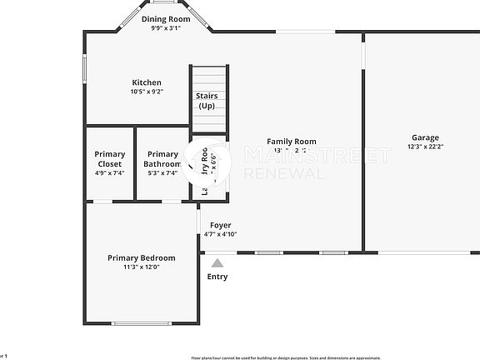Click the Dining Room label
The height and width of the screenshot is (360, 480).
[x=165, y=18]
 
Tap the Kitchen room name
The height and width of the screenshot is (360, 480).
[x=147, y=82]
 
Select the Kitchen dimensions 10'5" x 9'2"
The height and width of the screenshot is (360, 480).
[x=147, y=92]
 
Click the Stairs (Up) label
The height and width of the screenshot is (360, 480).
[x=207, y=101]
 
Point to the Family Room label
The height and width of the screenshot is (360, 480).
[x=291, y=142]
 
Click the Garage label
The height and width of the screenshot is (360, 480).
[x=425, y=137]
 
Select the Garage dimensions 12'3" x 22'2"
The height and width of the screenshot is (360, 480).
[x=425, y=147]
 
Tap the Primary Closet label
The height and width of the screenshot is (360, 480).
[x=109, y=159]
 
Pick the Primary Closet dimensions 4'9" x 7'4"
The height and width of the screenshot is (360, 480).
[x=109, y=173]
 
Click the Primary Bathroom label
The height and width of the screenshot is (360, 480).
[x=162, y=159]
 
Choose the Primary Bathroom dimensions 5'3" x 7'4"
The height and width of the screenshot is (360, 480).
[x=162, y=173]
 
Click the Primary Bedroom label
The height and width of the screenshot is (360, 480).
[x=141, y=258]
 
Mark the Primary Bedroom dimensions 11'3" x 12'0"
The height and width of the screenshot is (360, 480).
[x=141, y=267]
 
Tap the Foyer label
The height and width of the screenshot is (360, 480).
[x=220, y=226]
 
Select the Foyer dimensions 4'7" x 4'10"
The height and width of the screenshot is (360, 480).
[x=220, y=234]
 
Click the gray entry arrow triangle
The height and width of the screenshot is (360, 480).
[x=217, y=262]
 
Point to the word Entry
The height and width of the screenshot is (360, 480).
[x=217, y=277]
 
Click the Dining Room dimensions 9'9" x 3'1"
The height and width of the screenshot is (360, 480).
[x=165, y=27]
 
